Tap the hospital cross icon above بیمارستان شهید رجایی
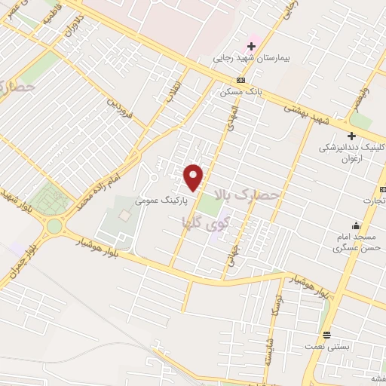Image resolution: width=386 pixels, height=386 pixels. tap(252, 46)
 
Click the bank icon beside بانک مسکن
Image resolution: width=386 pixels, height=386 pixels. tap(240, 80)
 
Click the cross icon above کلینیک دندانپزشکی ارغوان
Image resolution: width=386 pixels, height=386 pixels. tap(351, 135)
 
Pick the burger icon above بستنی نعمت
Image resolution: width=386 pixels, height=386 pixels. tap(326, 334)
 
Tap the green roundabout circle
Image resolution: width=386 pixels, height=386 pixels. tap(56, 225)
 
